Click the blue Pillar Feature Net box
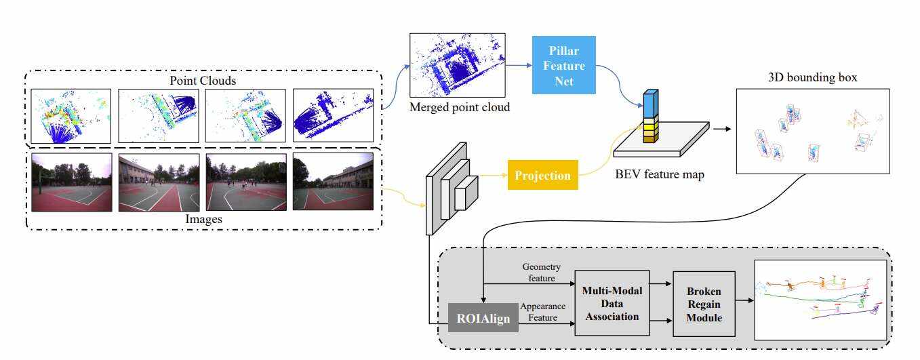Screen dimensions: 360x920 (x=563, y=65)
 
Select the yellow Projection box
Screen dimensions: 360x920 (x=542, y=175)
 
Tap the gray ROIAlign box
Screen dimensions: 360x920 (x=483, y=316)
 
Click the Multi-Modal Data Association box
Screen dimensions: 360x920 (x=612, y=302)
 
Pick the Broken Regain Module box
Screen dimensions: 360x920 (x=704, y=302)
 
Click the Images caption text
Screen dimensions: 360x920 (x=204, y=219)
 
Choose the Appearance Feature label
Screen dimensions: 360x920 (x=542, y=311)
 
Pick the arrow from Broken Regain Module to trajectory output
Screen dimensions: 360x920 (x=744, y=299)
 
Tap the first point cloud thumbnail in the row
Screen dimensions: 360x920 (x=71, y=115)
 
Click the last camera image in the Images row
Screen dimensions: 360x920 (x=332, y=181)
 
